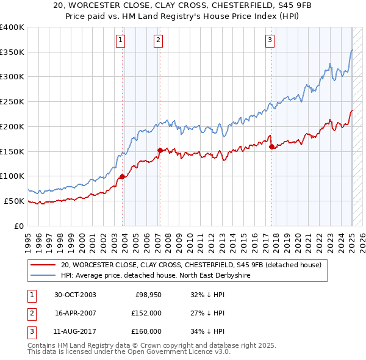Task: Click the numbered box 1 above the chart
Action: tap(121, 41)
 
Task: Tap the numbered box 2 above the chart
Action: tap(158, 41)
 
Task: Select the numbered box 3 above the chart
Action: tap(270, 41)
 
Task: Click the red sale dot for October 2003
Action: tap(123, 176)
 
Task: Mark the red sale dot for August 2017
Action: tap(271, 146)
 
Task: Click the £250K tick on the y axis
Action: tap(12, 101)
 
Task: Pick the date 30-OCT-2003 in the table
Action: tap(75, 295)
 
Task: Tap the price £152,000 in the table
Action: tap(146, 313)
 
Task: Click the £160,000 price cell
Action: tap(146, 331)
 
